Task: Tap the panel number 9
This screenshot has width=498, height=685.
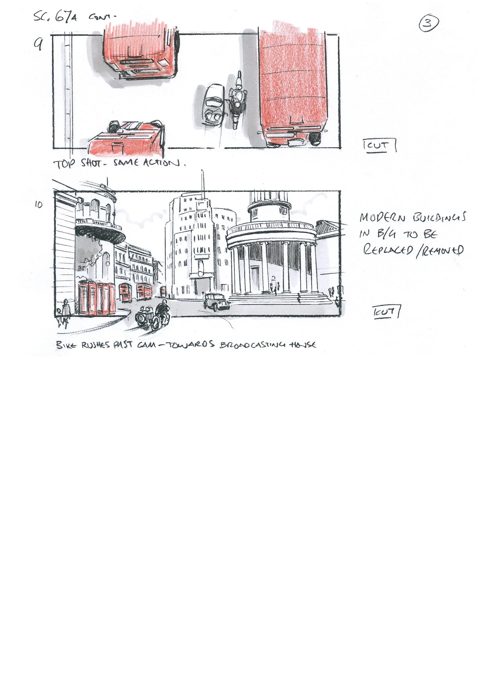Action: (x=38, y=45)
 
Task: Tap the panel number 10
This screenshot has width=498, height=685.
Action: (x=38, y=205)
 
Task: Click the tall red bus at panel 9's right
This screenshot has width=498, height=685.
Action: (x=293, y=88)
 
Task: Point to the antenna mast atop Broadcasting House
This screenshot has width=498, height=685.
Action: (x=202, y=184)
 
